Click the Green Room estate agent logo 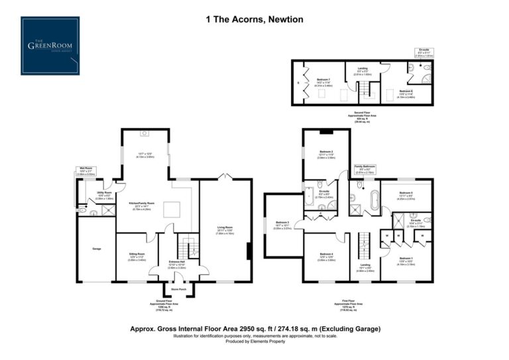(x=50, y=46)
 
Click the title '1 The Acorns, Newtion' (x=254, y=20)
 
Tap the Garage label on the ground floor (x=96, y=249)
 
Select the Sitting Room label (x=137, y=255)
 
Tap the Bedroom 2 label (x=326, y=152)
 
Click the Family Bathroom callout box (x=365, y=168)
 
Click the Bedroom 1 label (x=406, y=259)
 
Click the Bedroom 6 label (x=406, y=92)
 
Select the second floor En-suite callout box (x=424, y=52)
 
